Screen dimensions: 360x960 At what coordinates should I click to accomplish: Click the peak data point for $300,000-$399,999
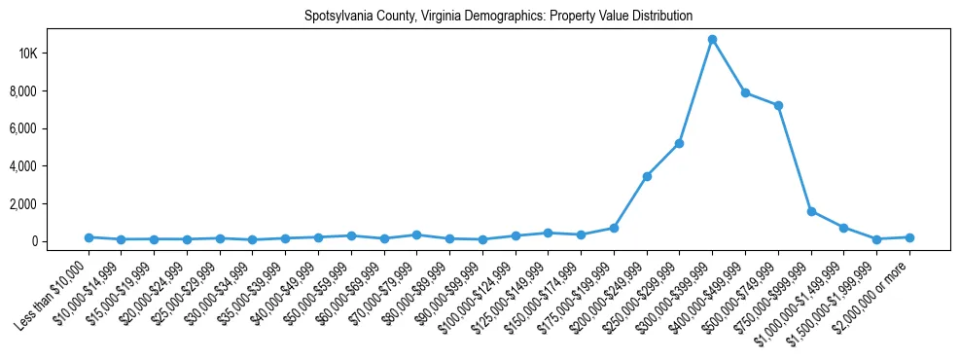pos(712,40)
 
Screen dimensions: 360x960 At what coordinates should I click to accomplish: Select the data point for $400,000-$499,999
pos(745,93)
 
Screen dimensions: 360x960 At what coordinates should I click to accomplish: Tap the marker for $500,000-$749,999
pos(778,105)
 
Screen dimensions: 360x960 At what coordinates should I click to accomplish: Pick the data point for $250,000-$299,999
pos(679,143)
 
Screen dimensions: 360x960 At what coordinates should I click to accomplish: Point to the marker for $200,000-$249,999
pos(647,176)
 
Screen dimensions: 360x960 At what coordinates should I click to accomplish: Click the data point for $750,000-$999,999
pos(811,211)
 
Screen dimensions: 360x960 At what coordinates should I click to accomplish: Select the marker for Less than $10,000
pos(89,237)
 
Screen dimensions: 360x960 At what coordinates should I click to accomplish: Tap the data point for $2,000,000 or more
pos(909,237)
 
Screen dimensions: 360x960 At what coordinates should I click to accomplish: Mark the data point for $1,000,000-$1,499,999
pos(843,228)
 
